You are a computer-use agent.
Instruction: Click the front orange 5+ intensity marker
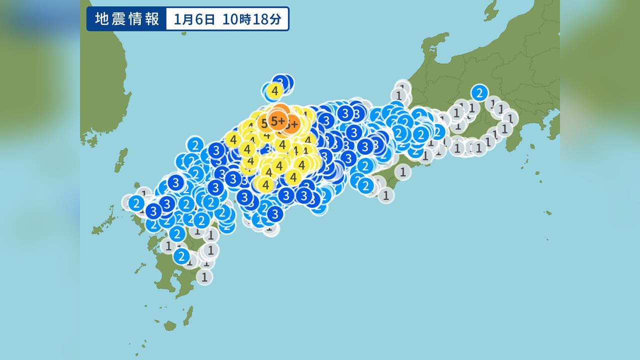click(277, 120)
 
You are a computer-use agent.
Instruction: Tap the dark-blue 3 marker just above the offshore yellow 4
click(281, 81)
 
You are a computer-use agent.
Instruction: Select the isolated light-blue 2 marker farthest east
click(479, 92)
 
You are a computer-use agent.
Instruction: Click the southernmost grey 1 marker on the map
click(204, 276)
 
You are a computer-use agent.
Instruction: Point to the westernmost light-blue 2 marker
click(136, 203)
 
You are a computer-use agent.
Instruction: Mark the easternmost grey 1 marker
click(509, 118)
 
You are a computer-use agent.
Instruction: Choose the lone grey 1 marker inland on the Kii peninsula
click(402, 172)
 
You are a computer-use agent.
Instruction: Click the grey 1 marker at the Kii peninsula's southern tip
click(385, 195)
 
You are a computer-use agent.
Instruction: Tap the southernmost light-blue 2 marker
click(181, 256)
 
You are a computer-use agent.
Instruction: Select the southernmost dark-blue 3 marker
click(274, 214)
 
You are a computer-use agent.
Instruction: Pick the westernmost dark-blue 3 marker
click(153, 211)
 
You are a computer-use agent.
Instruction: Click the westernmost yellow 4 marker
click(233, 139)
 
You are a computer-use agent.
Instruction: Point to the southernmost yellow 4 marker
click(266, 184)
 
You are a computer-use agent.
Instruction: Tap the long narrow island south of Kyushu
click(188, 315)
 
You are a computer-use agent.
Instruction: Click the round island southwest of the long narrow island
click(170, 326)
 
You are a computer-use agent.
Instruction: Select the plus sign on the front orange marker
click(282, 120)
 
